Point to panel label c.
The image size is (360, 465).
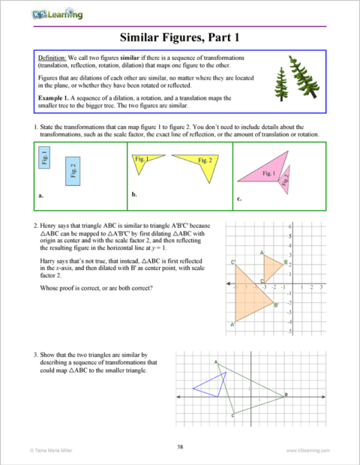point(238,199)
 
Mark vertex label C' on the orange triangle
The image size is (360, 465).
point(233,262)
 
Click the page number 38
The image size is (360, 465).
point(180,447)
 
